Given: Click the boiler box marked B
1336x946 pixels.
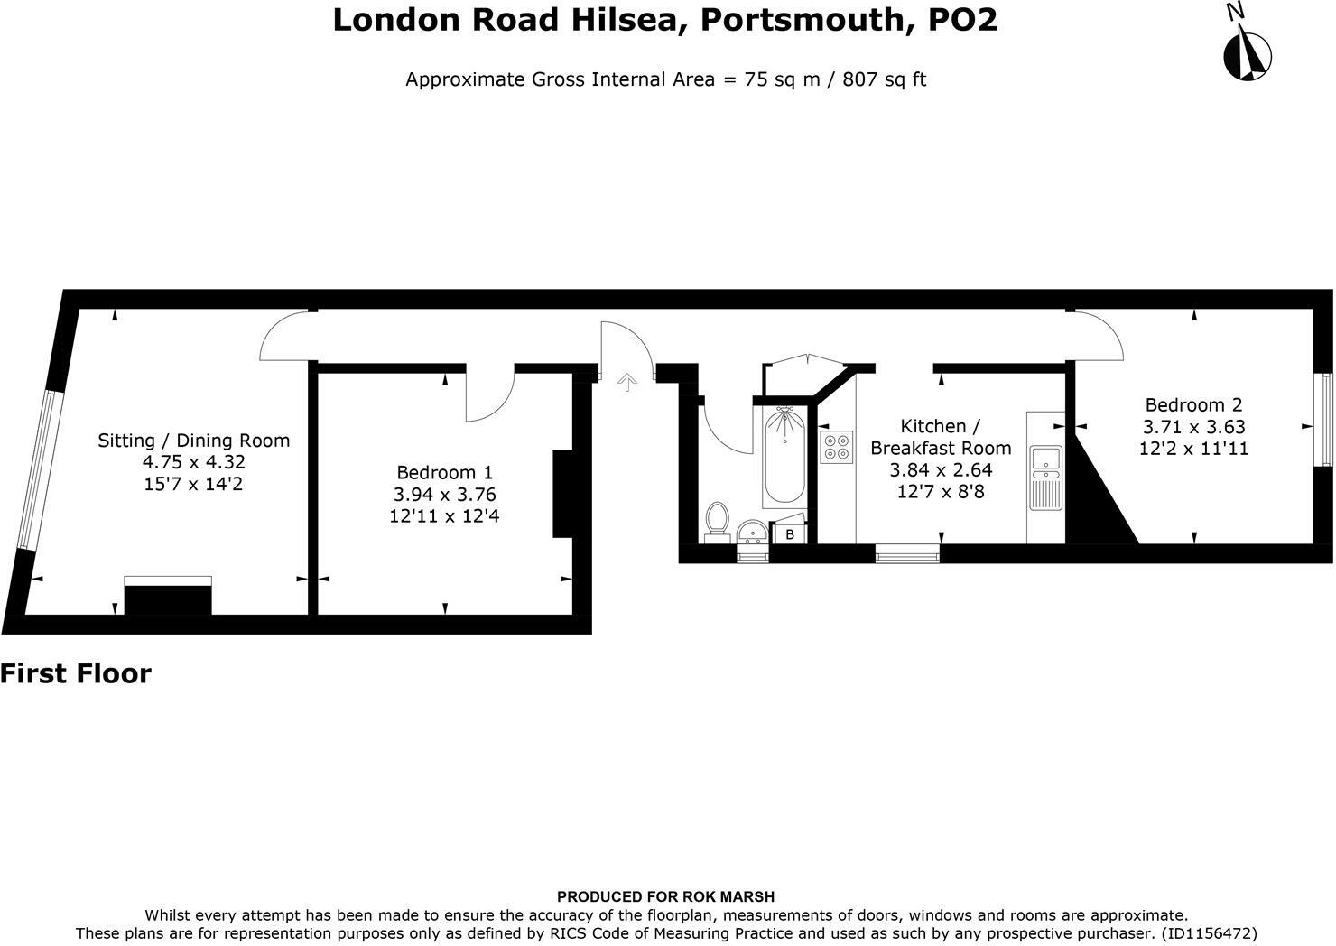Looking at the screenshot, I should pyautogui.click(x=790, y=534).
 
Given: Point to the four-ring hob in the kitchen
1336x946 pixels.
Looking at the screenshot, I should pyautogui.click(x=836, y=447).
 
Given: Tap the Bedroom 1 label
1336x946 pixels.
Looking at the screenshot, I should pyautogui.click(x=445, y=472).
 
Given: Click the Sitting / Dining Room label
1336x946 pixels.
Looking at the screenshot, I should pyautogui.click(x=193, y=441).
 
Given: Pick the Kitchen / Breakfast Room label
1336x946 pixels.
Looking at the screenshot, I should pyautogui.click(x=940, y=437).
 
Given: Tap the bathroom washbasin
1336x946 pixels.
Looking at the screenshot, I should pyautogui.click(x=752, y=531).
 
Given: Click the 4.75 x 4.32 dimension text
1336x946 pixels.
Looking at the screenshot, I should pyautogui.click(x=193, y=462).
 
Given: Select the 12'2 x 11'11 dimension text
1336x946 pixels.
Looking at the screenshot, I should pyautogui.click(x=1193, y=448).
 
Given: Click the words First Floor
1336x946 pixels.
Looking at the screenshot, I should pyautogui.click(x=76, y=673).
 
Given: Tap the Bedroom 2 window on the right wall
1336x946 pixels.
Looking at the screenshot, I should pyautogui.click(x=1326, y=420).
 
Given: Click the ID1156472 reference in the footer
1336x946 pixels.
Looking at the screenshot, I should pyautogui.click(x=1209, y=932).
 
